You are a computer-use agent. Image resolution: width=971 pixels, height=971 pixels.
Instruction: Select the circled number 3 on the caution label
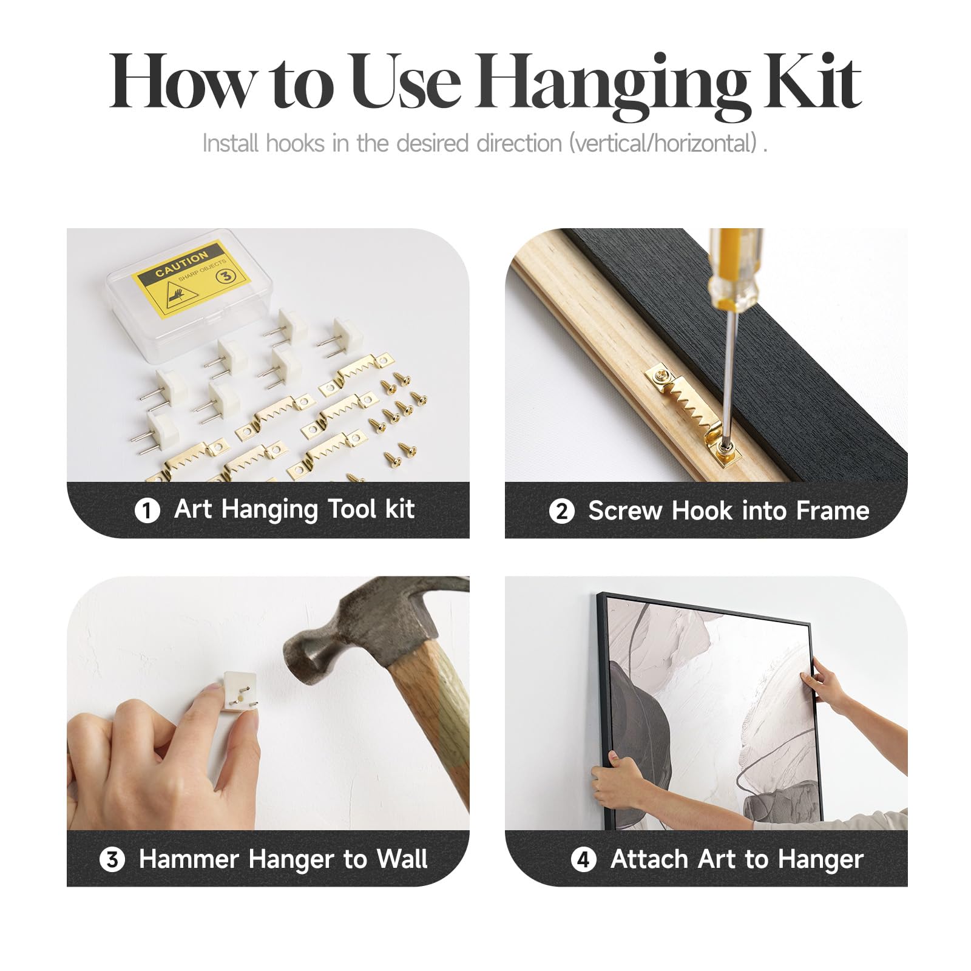(x=226, y=276)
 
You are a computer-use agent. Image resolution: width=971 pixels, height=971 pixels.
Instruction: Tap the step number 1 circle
(x=147, y=510)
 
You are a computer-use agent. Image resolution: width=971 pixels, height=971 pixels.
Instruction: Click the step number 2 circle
(x=561, y=511)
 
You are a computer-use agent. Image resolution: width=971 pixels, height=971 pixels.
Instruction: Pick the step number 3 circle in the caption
(x=112, y=859)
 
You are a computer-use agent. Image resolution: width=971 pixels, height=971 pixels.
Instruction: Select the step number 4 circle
(x=584, y=859)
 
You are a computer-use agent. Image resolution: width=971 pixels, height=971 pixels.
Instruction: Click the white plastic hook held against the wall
(x=240, y=692)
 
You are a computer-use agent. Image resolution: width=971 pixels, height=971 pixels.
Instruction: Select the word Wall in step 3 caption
(x=402, y=859)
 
